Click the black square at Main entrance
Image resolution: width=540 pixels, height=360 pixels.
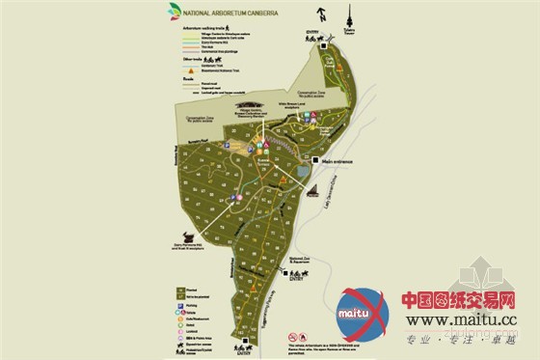[315, 161]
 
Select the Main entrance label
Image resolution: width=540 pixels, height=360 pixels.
[341, 161]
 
